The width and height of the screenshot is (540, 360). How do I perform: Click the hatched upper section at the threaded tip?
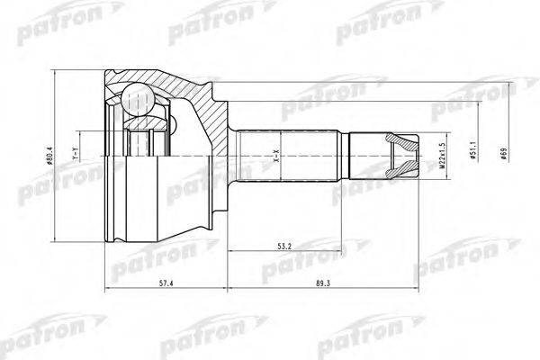pyautogui.click(x=402, y=144)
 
